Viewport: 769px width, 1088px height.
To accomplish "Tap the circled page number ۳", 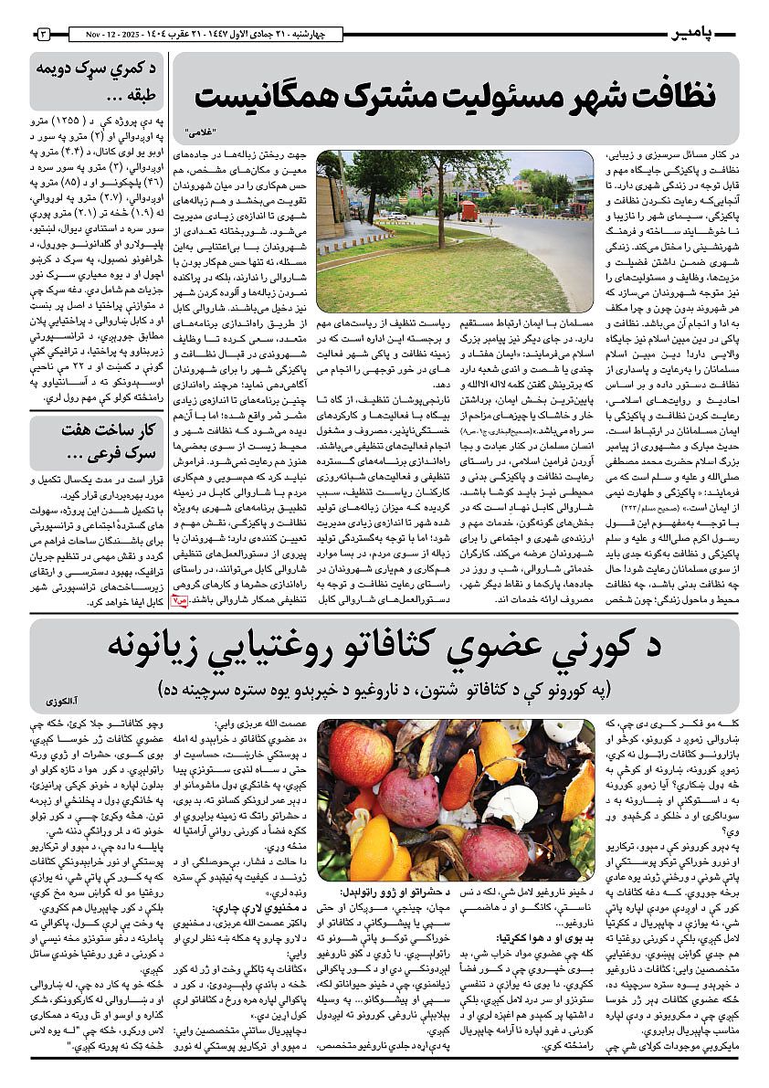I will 43,34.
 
